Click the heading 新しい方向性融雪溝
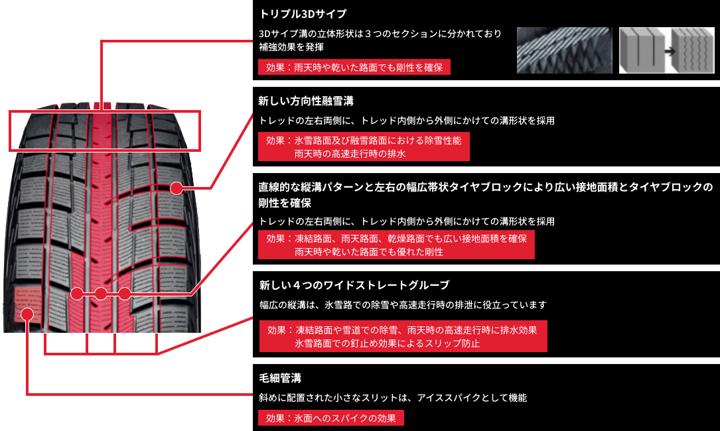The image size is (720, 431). click(x=306, y=101)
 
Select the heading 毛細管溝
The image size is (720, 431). click(x=280, y=378)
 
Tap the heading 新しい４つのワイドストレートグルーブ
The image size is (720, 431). click(x=354, y=285)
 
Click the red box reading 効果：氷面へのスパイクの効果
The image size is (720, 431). click(x=330, y=418)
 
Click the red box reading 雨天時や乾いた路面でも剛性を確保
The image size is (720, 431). click(x=354, y=67)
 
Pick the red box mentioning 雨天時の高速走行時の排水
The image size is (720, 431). click(x=364, y=147)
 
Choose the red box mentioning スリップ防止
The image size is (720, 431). click(x=403, y=337)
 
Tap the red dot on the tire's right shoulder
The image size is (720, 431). click(x=176, y=188)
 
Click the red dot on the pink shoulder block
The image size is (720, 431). click(x=27, y=314)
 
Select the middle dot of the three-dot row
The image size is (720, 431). click(x=101, y=293)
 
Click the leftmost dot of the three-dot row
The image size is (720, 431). click(x=77, y=293)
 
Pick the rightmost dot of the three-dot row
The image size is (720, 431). click(x=124, y=293)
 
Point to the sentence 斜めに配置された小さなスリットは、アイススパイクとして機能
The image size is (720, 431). click(x=393, y=398)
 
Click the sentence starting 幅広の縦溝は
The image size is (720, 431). click(x=403, y=305)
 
